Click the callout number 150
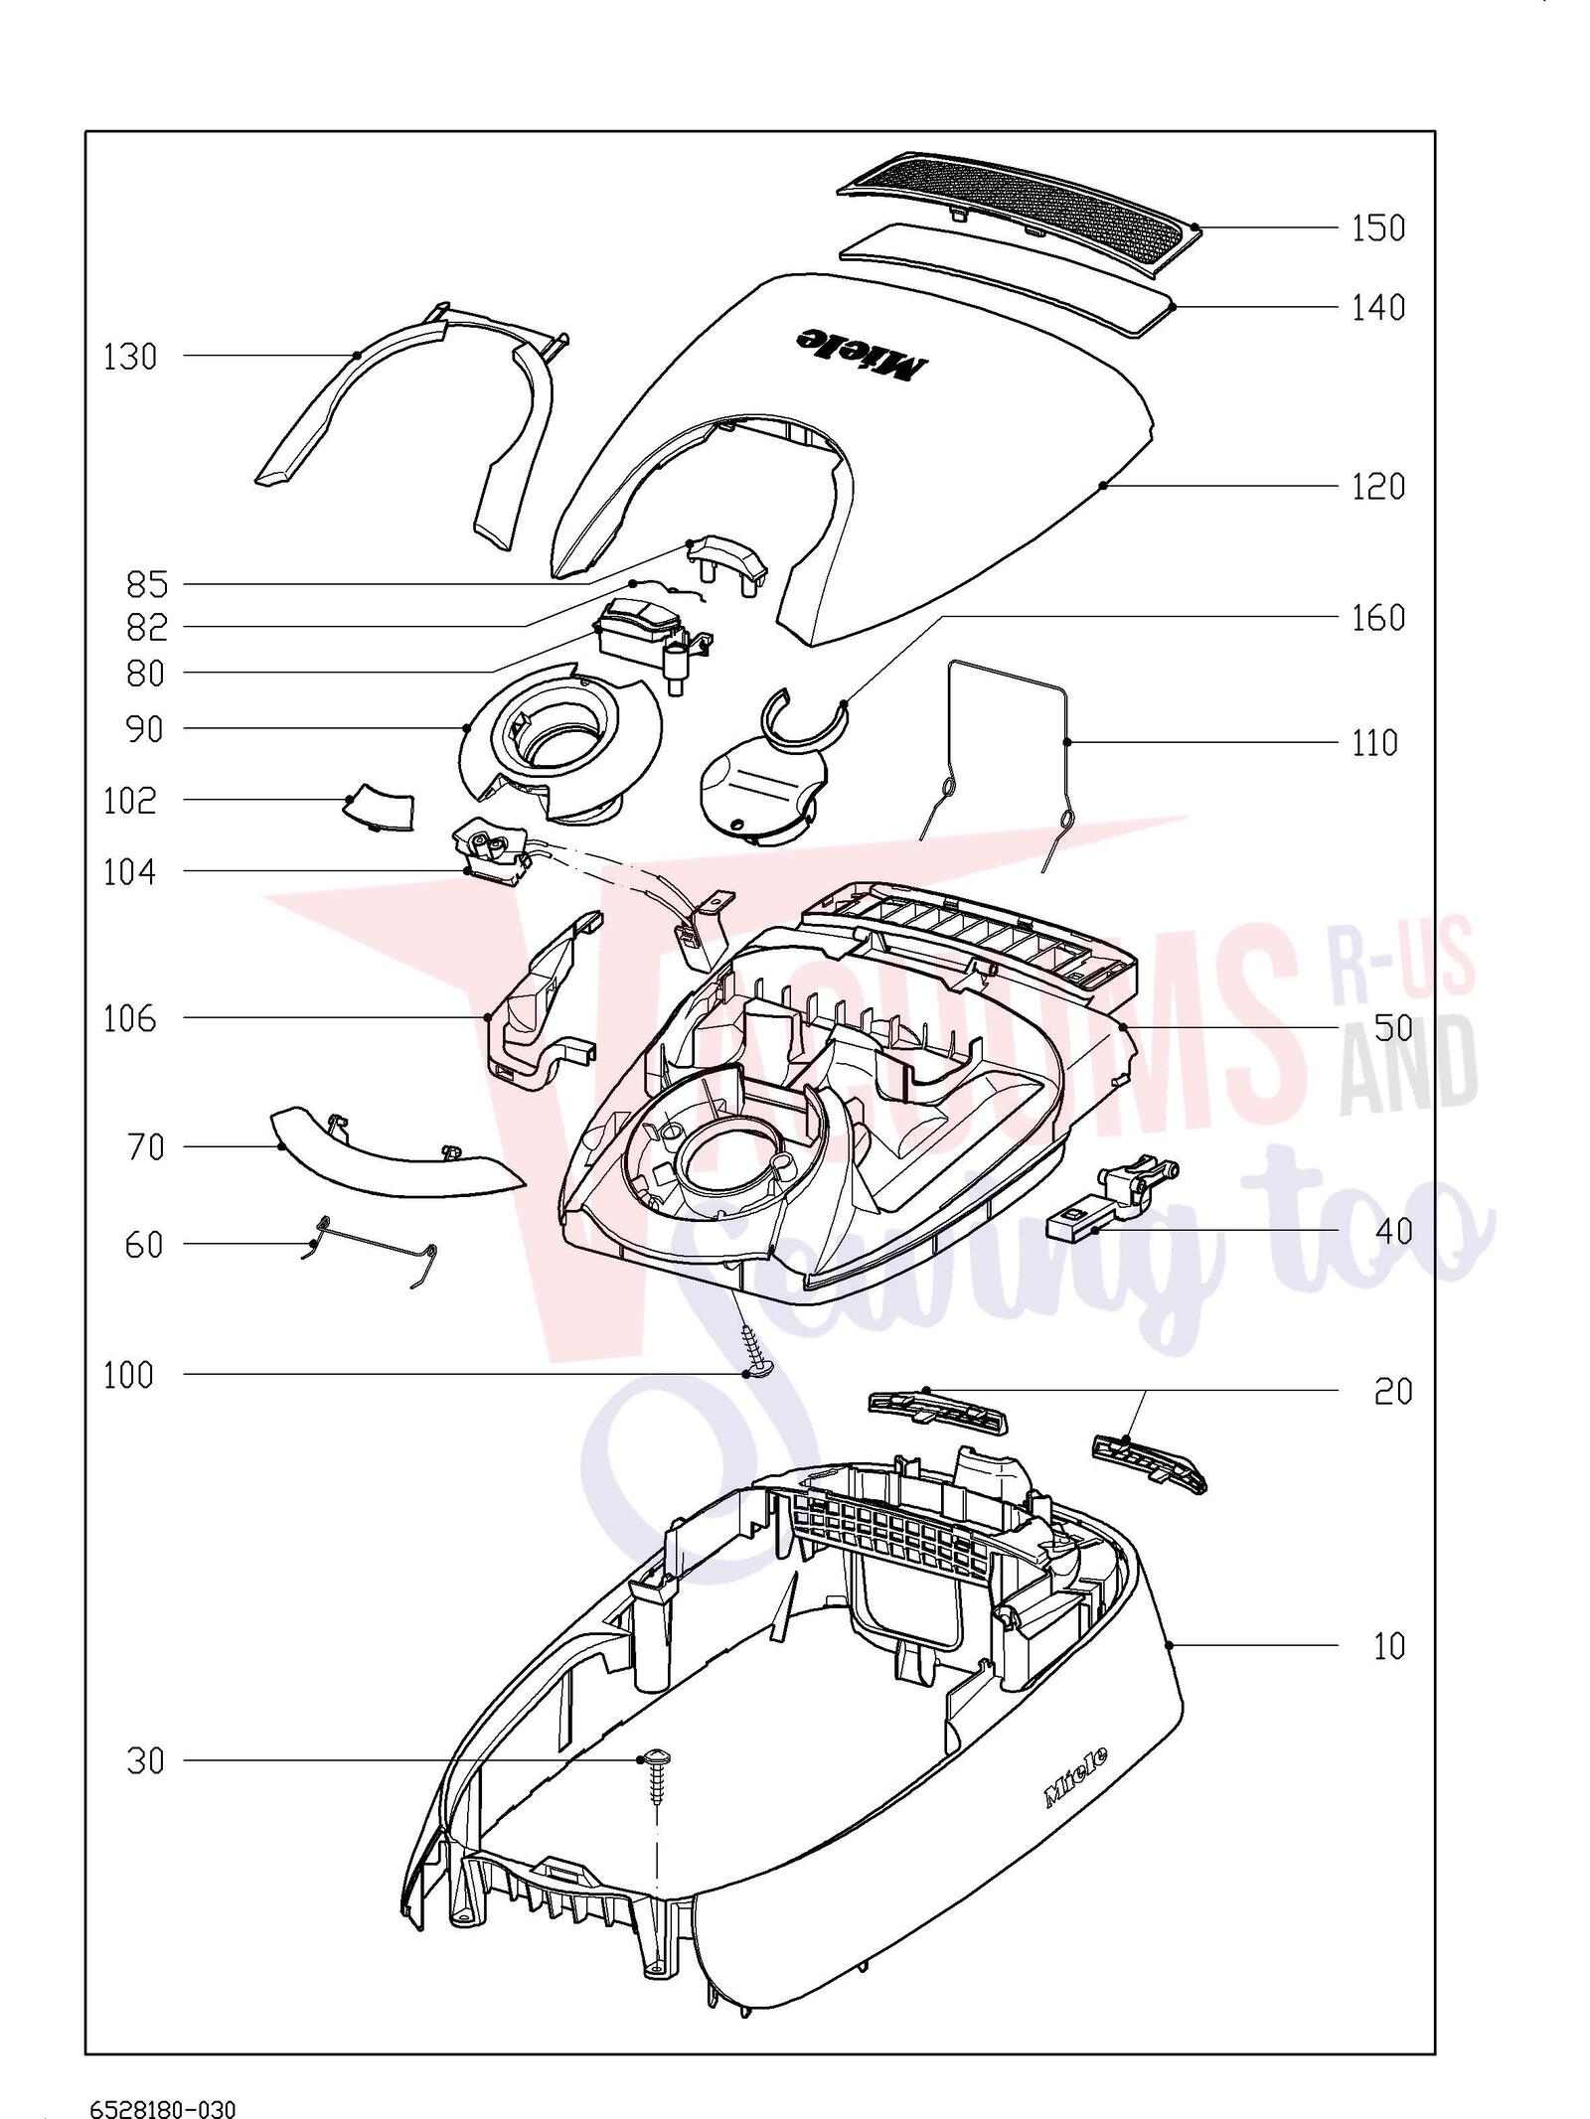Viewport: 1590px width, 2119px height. [x=1377, y=228]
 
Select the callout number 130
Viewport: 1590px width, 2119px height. [x=130, y=357]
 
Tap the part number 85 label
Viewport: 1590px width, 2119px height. [x=147, y=584]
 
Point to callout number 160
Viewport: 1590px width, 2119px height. [x=1378, y=618]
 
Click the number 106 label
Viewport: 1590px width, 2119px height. [x=130, y=1018]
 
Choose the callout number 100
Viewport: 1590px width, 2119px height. [x=129, y=1376]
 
